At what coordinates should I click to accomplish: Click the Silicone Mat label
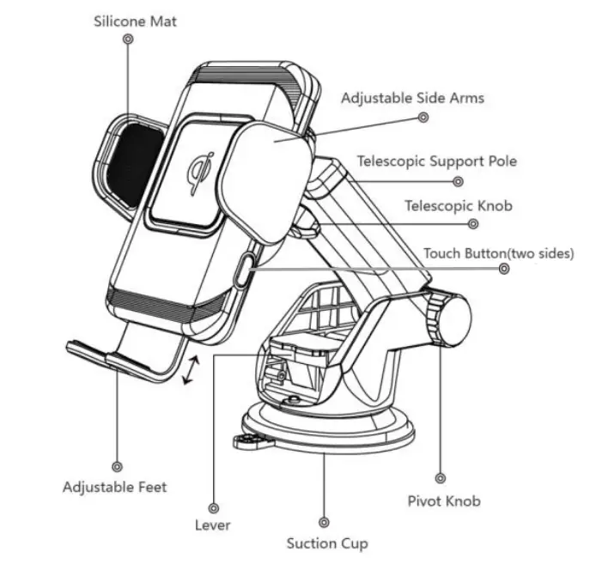pos(135,21)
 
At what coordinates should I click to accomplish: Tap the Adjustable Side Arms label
pos(412,98)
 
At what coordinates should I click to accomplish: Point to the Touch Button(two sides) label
pos(499,253)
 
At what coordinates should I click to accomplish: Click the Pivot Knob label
pos(443,500)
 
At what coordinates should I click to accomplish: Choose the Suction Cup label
pos(327,543)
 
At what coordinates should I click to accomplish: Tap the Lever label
pos(213,525)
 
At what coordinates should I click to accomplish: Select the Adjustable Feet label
pos(114,487)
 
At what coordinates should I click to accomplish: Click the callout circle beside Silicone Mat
pos(128,39)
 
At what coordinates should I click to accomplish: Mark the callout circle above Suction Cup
pos(324,521)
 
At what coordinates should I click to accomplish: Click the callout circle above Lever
pos(213,507)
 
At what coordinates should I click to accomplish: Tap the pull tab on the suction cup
pos(246,442)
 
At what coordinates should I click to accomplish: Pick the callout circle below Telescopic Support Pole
pos(459,181)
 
